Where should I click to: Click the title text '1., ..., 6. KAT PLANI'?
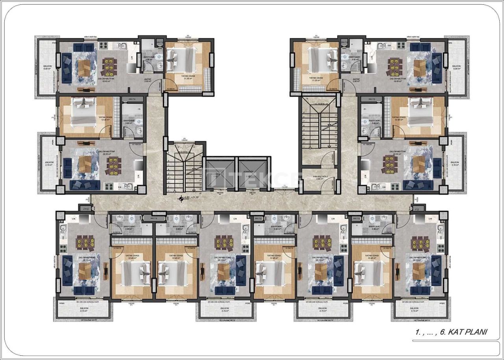pyautogui.click(x=451, y=332)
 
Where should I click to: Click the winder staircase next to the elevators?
pyautogui.click(x=183, y=169)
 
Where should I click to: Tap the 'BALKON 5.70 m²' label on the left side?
pyautogui.click(x=49, y=163)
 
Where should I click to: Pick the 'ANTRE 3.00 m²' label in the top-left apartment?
pyautogui.click(x=148, y=81)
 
